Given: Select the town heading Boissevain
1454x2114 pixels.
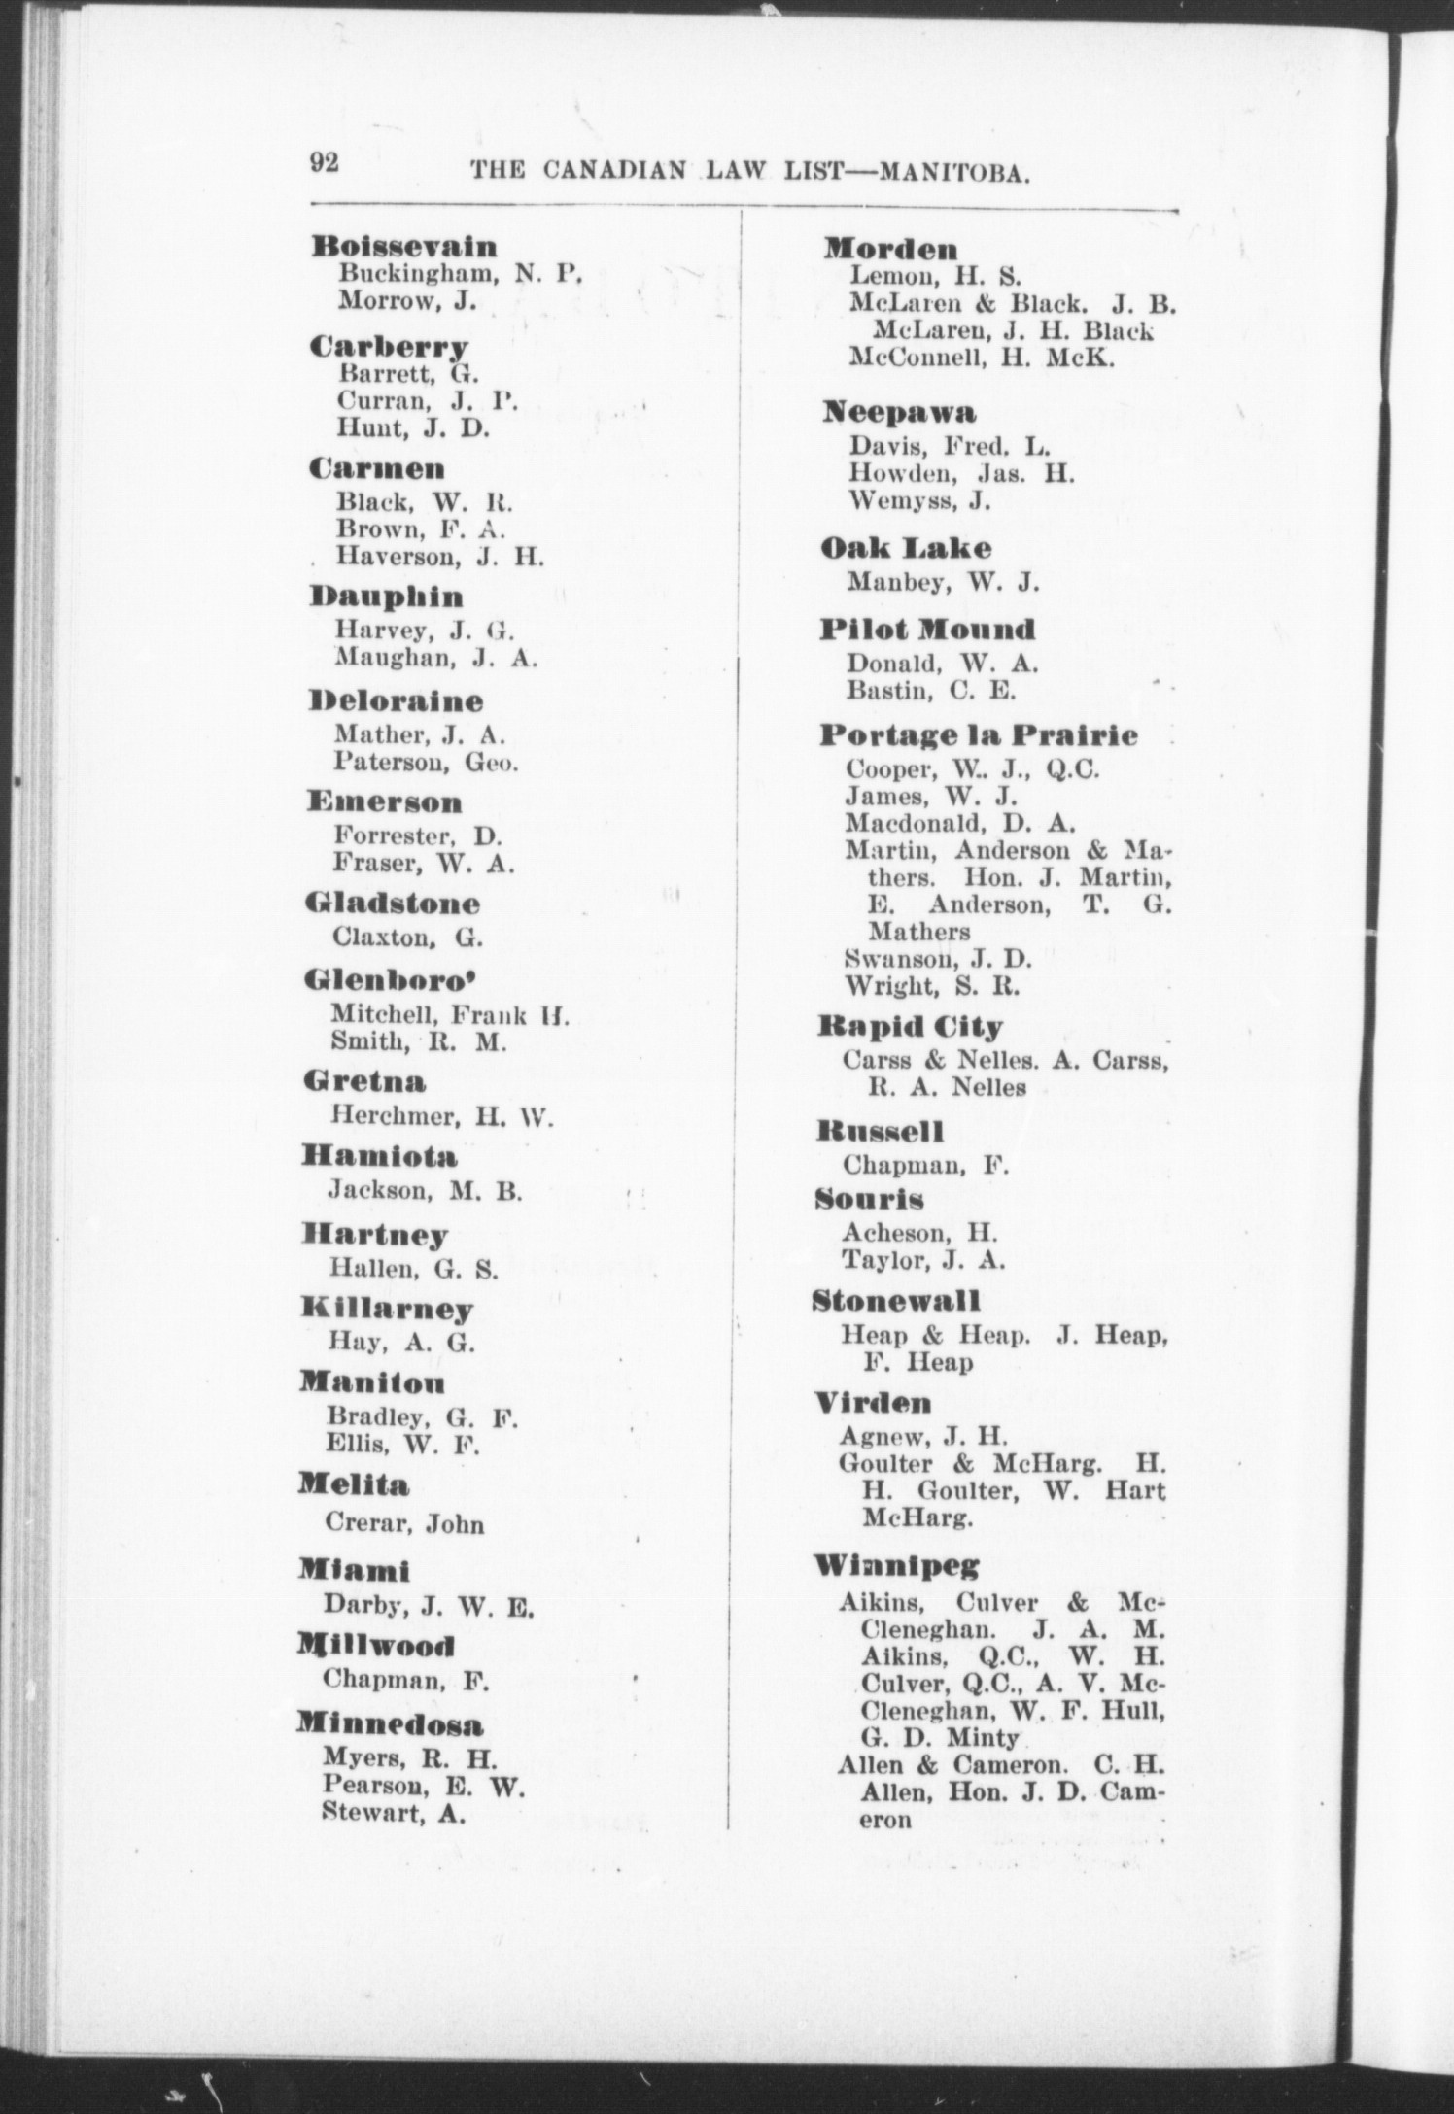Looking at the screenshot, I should click(404, 247).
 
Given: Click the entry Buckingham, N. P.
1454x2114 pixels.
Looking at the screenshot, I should click(460, 274).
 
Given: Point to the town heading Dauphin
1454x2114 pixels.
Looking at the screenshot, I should click(387, 597).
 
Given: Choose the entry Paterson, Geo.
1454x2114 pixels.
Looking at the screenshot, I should click(427, 762).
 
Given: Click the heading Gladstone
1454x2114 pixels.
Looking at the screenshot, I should click(393, 904).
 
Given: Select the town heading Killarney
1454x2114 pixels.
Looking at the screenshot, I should click(387, 1309).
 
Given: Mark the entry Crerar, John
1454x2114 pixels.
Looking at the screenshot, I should click(406, 1523).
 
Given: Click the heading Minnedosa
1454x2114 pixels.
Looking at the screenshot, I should click(390, 1725).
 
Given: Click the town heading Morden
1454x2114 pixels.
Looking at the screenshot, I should click(890, 249).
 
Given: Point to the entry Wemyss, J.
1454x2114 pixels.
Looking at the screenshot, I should click(905, 501).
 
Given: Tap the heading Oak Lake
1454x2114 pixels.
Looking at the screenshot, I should click(906, 548).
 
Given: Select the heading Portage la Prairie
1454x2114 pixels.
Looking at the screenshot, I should click(978, 734).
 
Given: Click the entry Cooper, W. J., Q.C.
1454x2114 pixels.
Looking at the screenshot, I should click(972, 769).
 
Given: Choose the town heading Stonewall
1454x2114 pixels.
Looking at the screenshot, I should click(896, 1300).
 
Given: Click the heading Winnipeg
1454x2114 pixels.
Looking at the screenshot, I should click(896, 1566).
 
